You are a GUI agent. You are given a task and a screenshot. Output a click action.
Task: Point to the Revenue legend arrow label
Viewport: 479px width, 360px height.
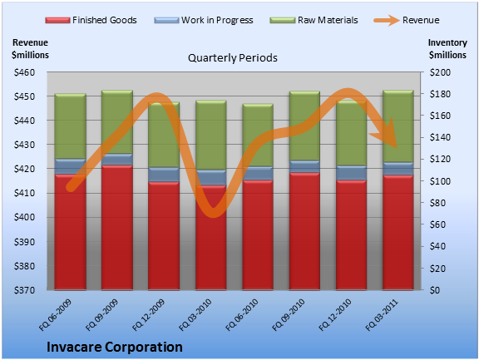(421, 20)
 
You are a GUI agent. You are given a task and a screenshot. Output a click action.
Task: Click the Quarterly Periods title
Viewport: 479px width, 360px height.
(233, 58)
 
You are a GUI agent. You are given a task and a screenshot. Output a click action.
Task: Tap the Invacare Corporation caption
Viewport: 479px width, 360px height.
(115, 347)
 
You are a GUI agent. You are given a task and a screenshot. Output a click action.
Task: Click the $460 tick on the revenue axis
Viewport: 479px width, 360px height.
(24, 72)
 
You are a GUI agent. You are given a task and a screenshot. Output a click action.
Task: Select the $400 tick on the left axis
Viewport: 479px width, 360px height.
(24, 217)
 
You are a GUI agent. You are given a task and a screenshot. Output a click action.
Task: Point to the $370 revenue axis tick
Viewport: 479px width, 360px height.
(24, 290)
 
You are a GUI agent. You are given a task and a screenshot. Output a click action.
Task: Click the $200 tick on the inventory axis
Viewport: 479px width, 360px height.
(440, 72)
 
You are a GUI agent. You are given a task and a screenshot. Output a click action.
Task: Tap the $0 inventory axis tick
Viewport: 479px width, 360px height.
(435, 290)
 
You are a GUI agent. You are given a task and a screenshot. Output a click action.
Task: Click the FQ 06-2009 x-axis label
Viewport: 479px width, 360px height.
(55, 315)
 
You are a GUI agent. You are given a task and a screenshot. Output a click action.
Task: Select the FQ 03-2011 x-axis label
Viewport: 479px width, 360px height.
(383, 315)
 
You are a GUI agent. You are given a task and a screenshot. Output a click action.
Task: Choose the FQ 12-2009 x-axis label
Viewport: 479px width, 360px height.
(149, 315)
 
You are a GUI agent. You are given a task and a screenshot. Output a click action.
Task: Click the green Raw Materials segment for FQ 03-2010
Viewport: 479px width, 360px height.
(210, 135)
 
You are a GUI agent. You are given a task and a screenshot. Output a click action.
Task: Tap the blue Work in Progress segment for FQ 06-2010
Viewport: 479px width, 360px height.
(258, 173)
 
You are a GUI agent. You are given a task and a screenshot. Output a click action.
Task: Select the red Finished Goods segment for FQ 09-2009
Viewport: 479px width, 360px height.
(117, 228)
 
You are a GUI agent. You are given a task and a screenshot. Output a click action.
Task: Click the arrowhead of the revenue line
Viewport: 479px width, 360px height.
(387, 135)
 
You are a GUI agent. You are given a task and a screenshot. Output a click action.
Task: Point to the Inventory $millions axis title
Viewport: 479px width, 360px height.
(447, 49)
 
